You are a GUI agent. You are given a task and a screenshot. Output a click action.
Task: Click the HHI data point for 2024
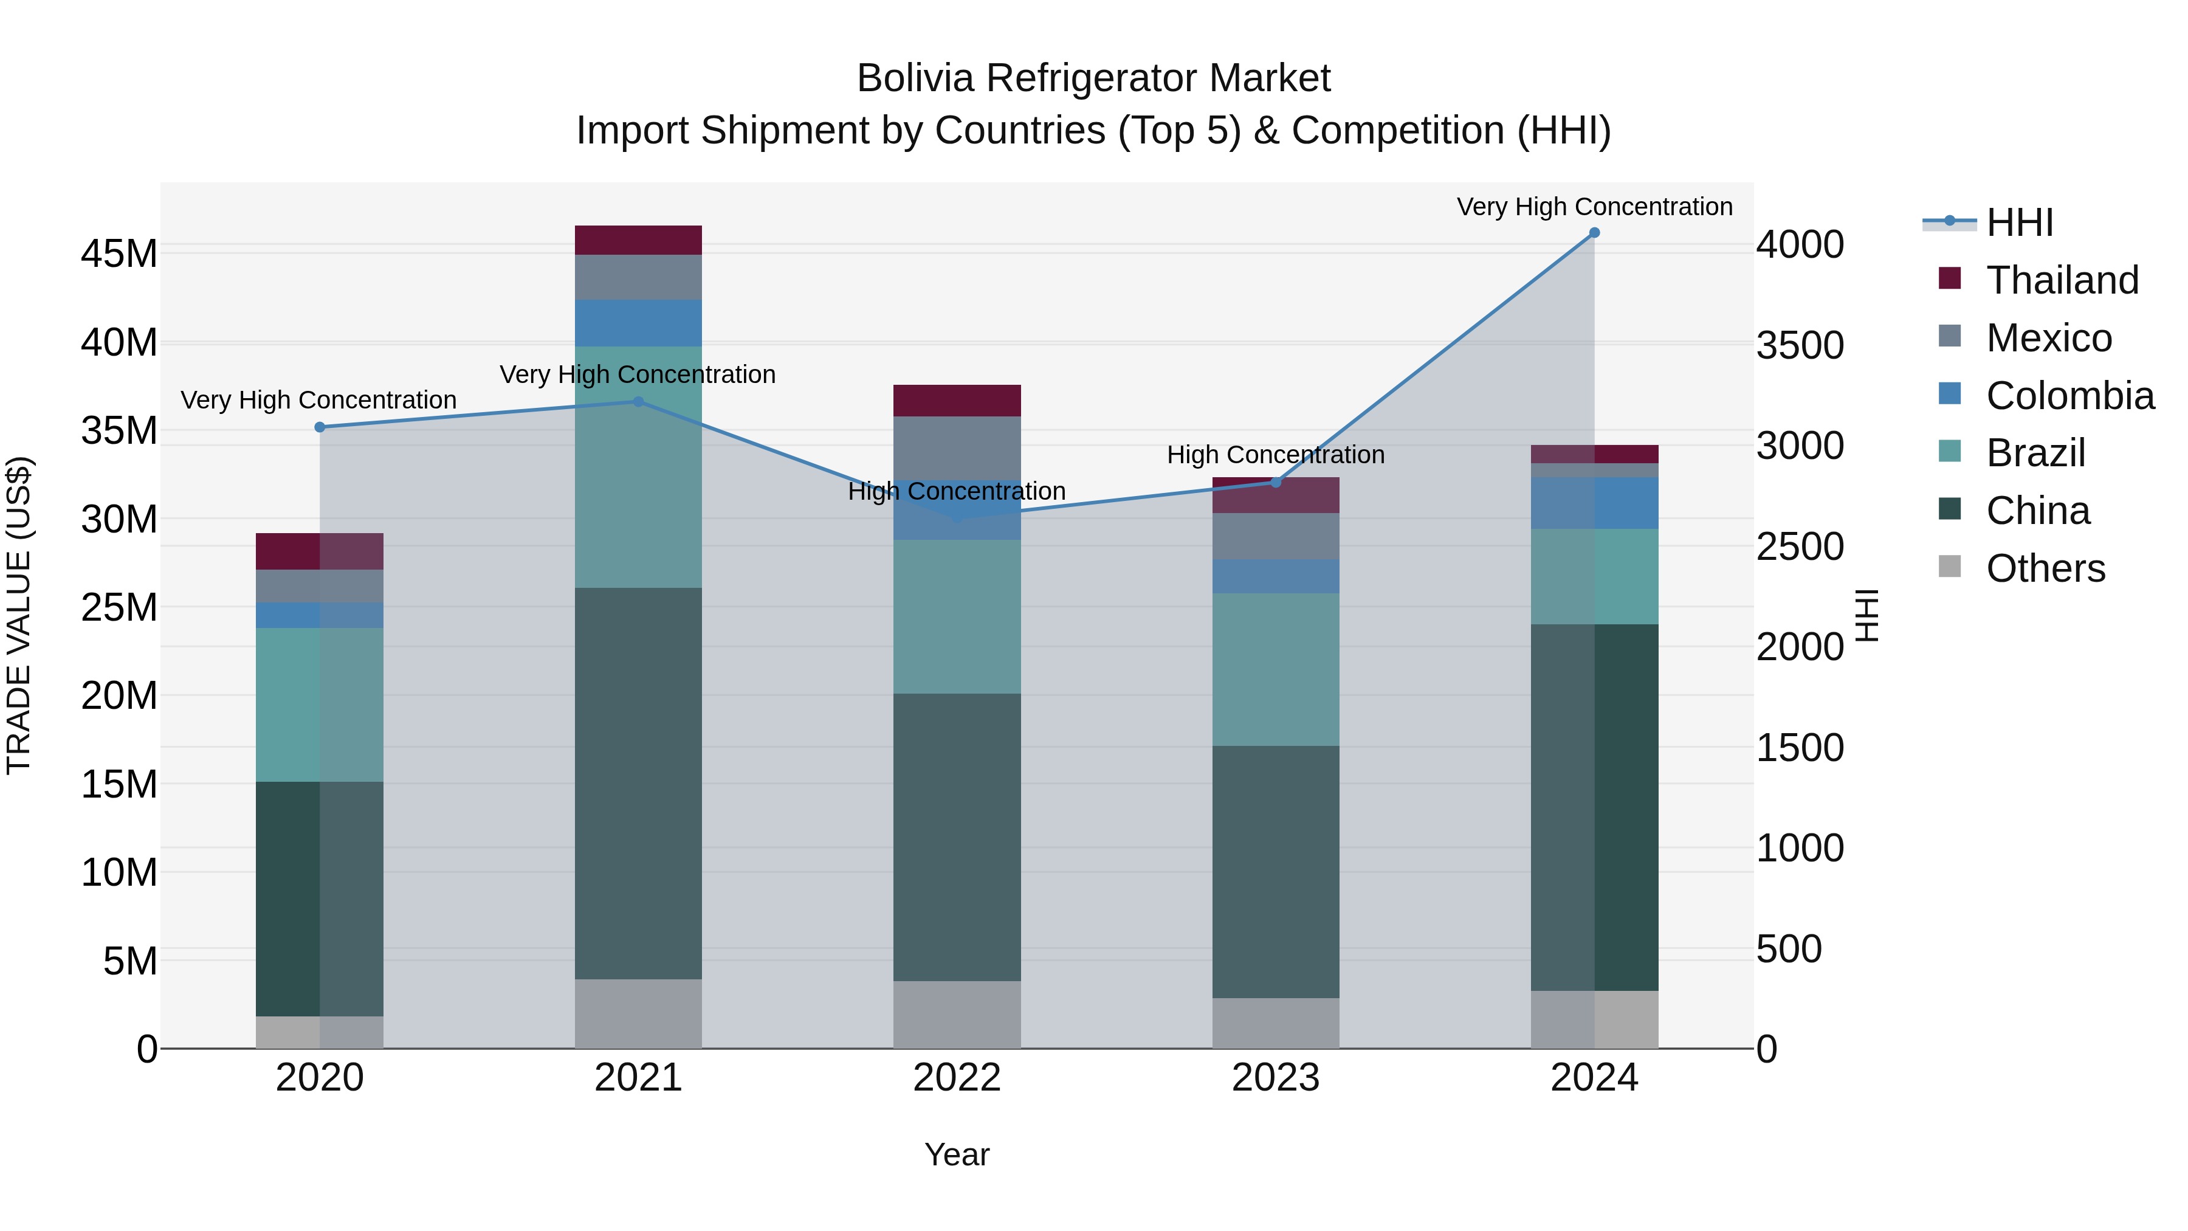1594,233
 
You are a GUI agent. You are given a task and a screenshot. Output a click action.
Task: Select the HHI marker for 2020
319,427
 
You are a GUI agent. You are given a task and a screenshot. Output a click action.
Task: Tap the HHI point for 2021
639,402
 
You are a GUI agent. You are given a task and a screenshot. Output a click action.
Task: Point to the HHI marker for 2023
1276,483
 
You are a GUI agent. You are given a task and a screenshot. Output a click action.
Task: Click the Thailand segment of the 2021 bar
639,240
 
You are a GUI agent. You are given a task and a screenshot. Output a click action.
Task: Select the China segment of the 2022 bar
957,837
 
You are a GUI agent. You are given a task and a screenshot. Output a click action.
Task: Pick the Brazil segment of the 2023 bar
1276,669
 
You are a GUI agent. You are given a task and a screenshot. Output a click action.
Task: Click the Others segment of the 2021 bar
639,1013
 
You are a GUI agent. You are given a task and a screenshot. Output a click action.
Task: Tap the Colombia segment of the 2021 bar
639,323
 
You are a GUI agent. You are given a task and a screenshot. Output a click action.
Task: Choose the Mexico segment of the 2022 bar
957,447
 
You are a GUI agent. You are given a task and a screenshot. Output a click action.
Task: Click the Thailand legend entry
2062,280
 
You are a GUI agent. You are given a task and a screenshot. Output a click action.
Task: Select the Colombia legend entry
2069,396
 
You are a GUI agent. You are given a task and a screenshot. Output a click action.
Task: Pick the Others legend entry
2045,568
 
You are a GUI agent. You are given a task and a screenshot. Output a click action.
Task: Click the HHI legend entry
2019,222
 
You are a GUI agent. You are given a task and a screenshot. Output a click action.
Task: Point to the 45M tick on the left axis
119,254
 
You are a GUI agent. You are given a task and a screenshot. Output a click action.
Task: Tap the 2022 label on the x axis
957,1078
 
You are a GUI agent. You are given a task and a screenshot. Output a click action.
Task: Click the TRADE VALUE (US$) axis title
19,615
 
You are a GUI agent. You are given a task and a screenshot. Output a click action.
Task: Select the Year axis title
957,1154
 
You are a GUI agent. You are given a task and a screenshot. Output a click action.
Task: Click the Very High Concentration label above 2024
1594,207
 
